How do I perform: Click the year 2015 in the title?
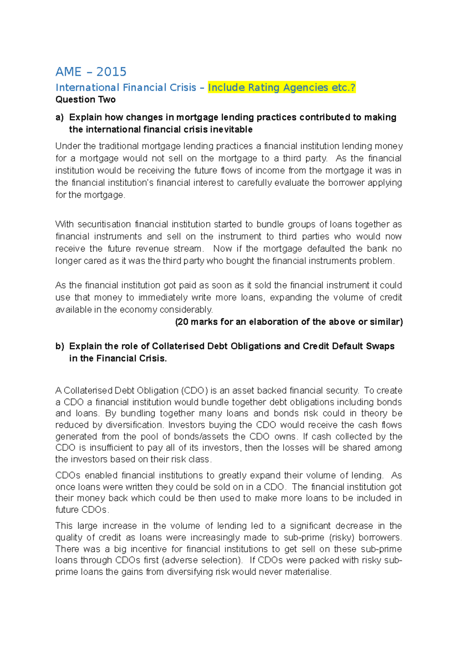click(111, 72)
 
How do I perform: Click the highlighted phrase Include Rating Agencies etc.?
click(282, 88)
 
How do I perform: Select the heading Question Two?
click(85, 100)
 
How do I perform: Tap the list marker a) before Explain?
click(60, 117)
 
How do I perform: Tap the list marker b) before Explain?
click(60, 346)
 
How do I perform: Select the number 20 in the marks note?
click(183, 322)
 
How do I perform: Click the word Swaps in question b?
click(380, 346)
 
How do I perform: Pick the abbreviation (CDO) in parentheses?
click(195, 390)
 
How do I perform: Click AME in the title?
click(68, 72)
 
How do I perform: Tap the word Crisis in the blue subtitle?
click(183, 88)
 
